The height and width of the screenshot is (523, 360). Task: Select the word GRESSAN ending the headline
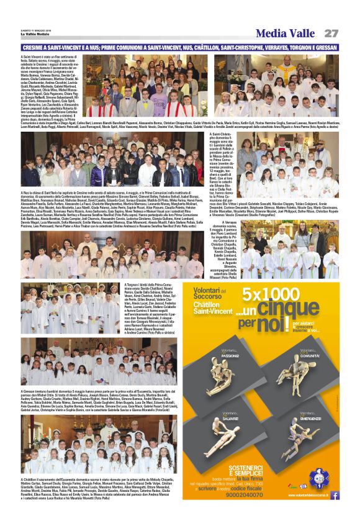324,47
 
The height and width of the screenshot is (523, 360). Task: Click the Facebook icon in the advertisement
335,495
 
